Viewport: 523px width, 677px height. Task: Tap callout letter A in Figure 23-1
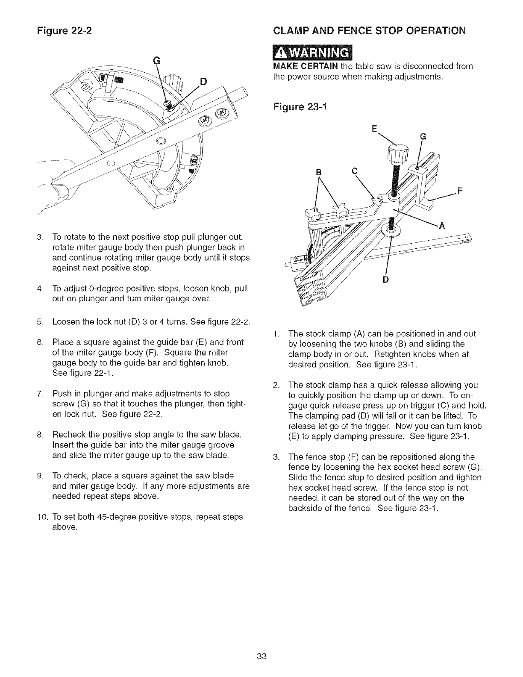443,227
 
